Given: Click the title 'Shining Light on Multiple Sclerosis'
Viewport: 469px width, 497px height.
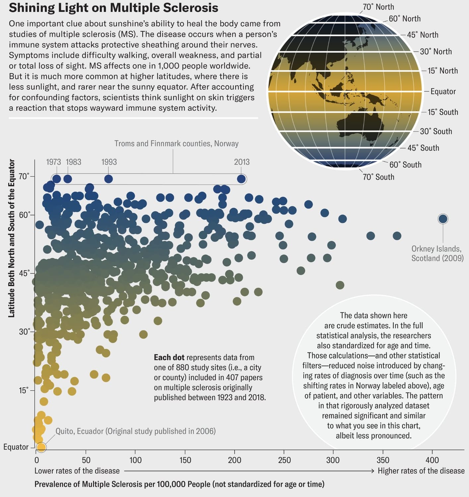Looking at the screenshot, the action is point(113,8).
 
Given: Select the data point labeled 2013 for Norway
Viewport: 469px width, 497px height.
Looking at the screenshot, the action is point(241,179).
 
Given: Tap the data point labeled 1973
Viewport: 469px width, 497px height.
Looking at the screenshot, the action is point(57,179).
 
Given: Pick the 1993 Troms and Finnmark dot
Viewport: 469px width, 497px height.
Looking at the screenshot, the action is point(108,179).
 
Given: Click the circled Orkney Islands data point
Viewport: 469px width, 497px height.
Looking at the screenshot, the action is point(443,219).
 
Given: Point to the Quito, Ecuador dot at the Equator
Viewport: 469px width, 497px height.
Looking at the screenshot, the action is point(41,447).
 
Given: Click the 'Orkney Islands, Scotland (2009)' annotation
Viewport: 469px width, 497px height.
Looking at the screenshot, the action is point(437,253).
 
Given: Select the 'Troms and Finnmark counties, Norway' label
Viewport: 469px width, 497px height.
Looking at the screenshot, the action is point(176,143).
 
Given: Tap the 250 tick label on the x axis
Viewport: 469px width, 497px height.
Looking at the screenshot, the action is point(284,460).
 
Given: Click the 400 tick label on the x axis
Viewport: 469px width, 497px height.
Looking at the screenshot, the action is point(432,460).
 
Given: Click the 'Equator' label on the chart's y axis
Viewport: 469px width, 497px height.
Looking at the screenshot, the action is point(16,447).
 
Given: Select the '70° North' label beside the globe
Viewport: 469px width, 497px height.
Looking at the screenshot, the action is point(378,7).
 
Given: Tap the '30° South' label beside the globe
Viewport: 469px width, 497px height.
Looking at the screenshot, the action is point(436,131).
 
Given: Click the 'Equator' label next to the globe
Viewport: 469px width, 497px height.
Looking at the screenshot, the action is point(443,91).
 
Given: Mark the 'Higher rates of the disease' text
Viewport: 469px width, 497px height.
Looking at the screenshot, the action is point(421,471).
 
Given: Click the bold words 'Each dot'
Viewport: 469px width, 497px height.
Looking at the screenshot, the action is point(169,358).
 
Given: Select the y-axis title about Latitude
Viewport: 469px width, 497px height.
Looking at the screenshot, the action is point(11,239).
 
